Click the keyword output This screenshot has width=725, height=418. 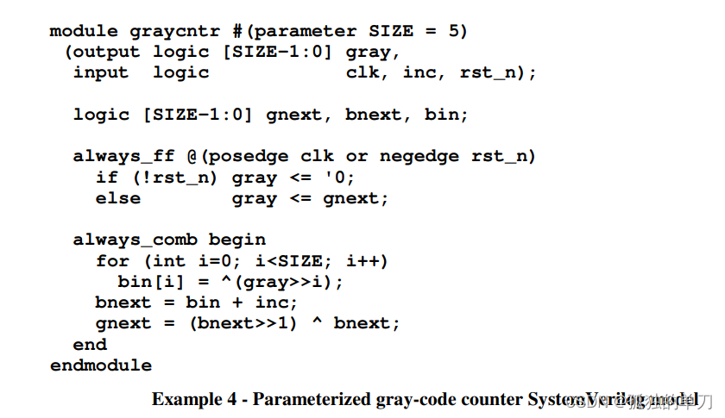(102, 52)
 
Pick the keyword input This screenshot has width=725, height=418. (101, 72)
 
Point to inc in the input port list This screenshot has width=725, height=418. (419, 72)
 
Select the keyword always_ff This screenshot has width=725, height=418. (124, 156)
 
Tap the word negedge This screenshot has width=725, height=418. (419, 156)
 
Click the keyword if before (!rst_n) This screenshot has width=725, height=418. (107, 178)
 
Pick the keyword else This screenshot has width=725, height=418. (118, 198)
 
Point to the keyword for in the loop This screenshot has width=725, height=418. (113, 260)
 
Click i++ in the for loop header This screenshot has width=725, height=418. (369, 260)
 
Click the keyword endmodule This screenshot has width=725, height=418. (101, 365)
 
